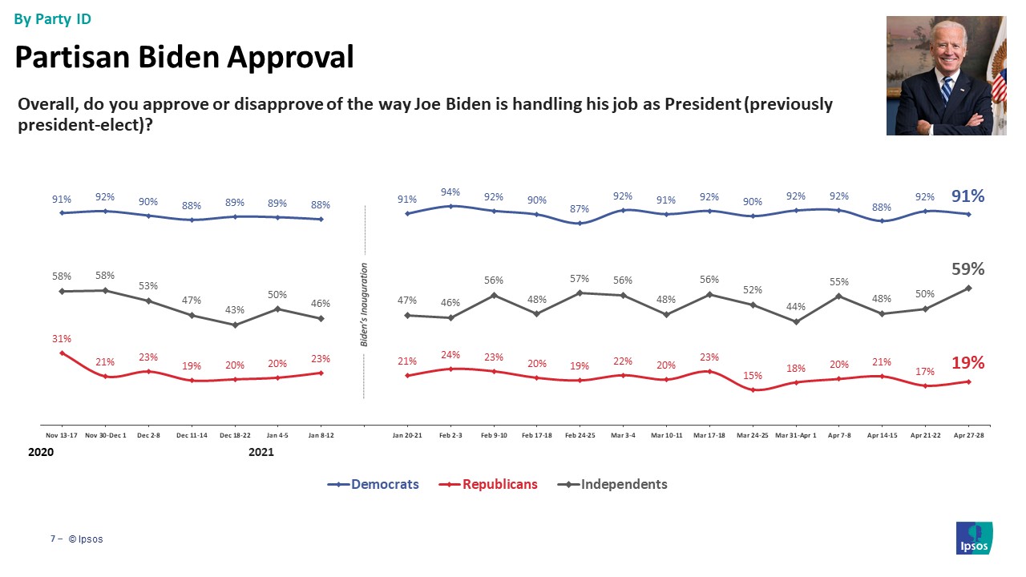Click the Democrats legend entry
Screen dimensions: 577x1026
(x=374, y=484)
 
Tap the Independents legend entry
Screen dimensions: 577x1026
(x=612, y=484)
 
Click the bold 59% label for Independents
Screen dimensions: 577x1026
(x=968, y=268)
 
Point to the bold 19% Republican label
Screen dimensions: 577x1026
(x=967, y=362)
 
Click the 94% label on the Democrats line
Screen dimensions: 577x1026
(x=450, y=192)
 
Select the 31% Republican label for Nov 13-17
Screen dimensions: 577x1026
(x=62, y=339)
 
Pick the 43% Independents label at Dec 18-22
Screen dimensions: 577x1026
(x=234, y=310)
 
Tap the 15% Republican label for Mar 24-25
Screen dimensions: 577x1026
(x=752, y=375)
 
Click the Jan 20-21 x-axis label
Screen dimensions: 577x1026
(x=407, y=435)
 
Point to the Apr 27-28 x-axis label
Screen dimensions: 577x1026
(x=969, y=435)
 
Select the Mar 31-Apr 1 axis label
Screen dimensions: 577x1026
(x=796, y=435)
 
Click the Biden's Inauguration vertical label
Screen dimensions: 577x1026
(x=364, y=305)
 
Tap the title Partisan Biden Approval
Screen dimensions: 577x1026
(x=184, y=57)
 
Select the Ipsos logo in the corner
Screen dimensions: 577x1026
(x=975, y=538)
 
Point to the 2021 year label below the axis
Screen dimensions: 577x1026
(x=261, y=453)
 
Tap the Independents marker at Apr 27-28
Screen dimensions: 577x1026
(x=969, y=288)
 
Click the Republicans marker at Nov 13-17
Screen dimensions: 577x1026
(x=62, y=353)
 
